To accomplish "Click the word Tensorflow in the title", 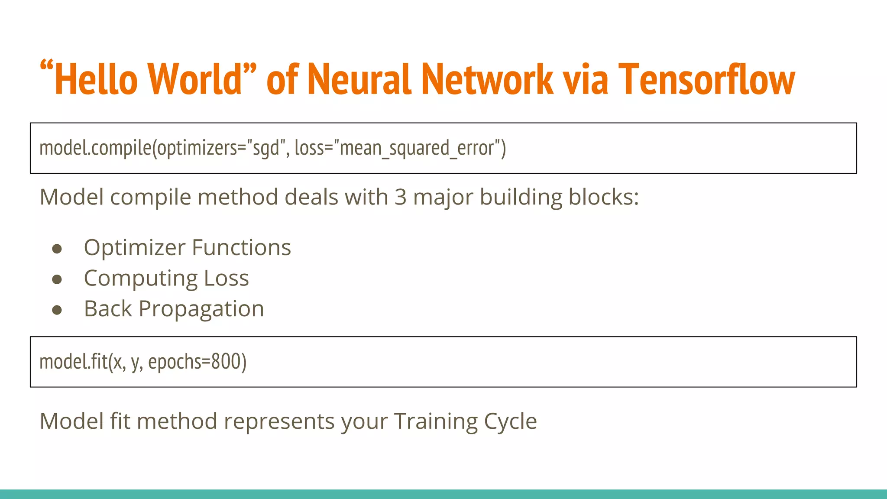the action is click(x=706, y=79).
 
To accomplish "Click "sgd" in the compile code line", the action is click(x=266, y=148).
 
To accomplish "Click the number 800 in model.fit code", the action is click(x=226, y=362).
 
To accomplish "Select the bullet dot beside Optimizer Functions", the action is click(x=57, y=249).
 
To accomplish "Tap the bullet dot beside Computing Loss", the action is click(x=57, y=279).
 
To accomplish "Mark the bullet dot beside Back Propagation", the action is click(x=57, y=310).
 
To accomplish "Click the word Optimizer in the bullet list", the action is click(x=135, y=248).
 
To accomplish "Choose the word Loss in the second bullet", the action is click(x=226, y=278).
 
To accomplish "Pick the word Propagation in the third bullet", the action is click(x=201, y=309).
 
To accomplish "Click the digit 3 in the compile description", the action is click(x=401, y=197).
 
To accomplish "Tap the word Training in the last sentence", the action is click(x=435, y=421).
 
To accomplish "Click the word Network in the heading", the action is click(x=487, y=79).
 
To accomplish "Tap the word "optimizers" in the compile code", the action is click(x=197, y=148).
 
